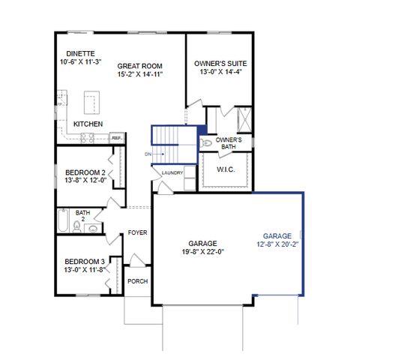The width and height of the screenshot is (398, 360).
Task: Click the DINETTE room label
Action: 80,53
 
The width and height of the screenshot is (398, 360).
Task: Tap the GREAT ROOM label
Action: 140,66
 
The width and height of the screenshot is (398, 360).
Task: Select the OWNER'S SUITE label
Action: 220,64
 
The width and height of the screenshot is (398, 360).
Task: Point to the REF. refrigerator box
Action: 117,138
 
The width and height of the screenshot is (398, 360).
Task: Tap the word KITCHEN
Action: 88,124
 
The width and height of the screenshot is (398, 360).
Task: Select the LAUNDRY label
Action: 173,173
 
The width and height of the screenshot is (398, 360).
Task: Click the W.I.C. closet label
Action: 226,169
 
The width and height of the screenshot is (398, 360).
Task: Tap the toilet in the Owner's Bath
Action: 206,142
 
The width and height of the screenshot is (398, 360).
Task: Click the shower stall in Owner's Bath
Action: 244,118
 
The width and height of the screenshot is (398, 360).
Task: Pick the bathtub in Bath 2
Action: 64,222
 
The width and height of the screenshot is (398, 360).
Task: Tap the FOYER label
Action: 137,232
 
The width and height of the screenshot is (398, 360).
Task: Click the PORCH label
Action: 137,281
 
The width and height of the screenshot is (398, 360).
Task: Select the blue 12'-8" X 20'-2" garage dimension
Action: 277,244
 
